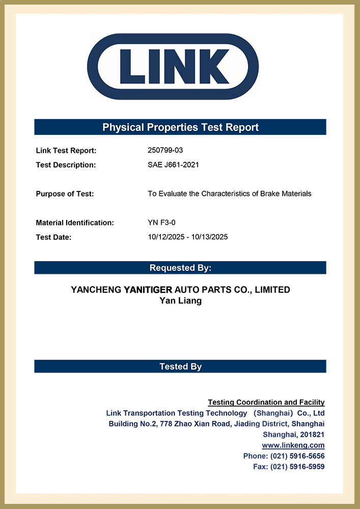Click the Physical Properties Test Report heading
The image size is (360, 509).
tap(180, 127)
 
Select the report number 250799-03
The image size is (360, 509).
tap(165, 151)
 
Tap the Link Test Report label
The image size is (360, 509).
tap(66, 151)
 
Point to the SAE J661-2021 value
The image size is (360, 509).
tap(173, 165)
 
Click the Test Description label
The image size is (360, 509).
tap(66, 165)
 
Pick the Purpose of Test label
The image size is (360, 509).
tap(65, 194)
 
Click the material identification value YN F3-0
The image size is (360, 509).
tap(161, 222)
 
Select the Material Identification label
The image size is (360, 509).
tap(75, 222)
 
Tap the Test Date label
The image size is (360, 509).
tap(53, 237)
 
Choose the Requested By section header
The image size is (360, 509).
tap(180, 268)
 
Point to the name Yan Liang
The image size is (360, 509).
tap(180, 301)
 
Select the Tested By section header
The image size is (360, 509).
tap(180, 366)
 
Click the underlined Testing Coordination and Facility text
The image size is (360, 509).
tap(266, 403)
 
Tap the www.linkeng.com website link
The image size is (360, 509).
tap(293, 445)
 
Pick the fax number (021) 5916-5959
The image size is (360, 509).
tap(297, 467)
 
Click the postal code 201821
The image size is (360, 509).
tap(311, 435)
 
